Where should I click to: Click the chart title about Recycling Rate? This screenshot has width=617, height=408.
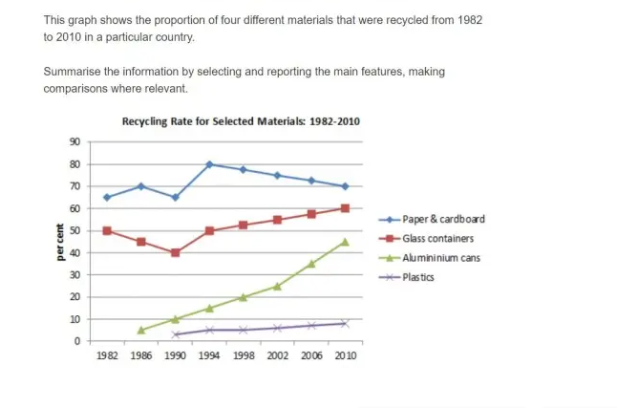coord(240,121)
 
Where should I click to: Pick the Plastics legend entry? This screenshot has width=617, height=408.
coord(421,277)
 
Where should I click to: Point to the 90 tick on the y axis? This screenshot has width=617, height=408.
coord(75,142)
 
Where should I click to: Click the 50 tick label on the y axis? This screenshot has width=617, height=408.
coord(75,230)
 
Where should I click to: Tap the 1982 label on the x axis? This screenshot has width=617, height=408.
coord(107,355)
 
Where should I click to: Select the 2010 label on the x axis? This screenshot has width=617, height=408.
coord(345,355)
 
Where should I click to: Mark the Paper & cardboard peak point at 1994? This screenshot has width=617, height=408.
coord(209,164)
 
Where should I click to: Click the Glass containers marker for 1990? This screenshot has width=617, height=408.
coord(175,253)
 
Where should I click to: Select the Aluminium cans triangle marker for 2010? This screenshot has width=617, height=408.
coord(345,242)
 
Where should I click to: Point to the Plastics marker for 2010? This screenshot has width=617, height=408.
coord(345,324)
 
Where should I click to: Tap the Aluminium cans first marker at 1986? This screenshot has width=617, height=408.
coord(141,331)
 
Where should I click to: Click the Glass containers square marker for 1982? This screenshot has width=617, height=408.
coord(107,230)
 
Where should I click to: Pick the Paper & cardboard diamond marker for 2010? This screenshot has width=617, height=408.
coord(345,186)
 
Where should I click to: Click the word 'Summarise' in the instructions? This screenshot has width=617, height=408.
coord(74,72)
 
